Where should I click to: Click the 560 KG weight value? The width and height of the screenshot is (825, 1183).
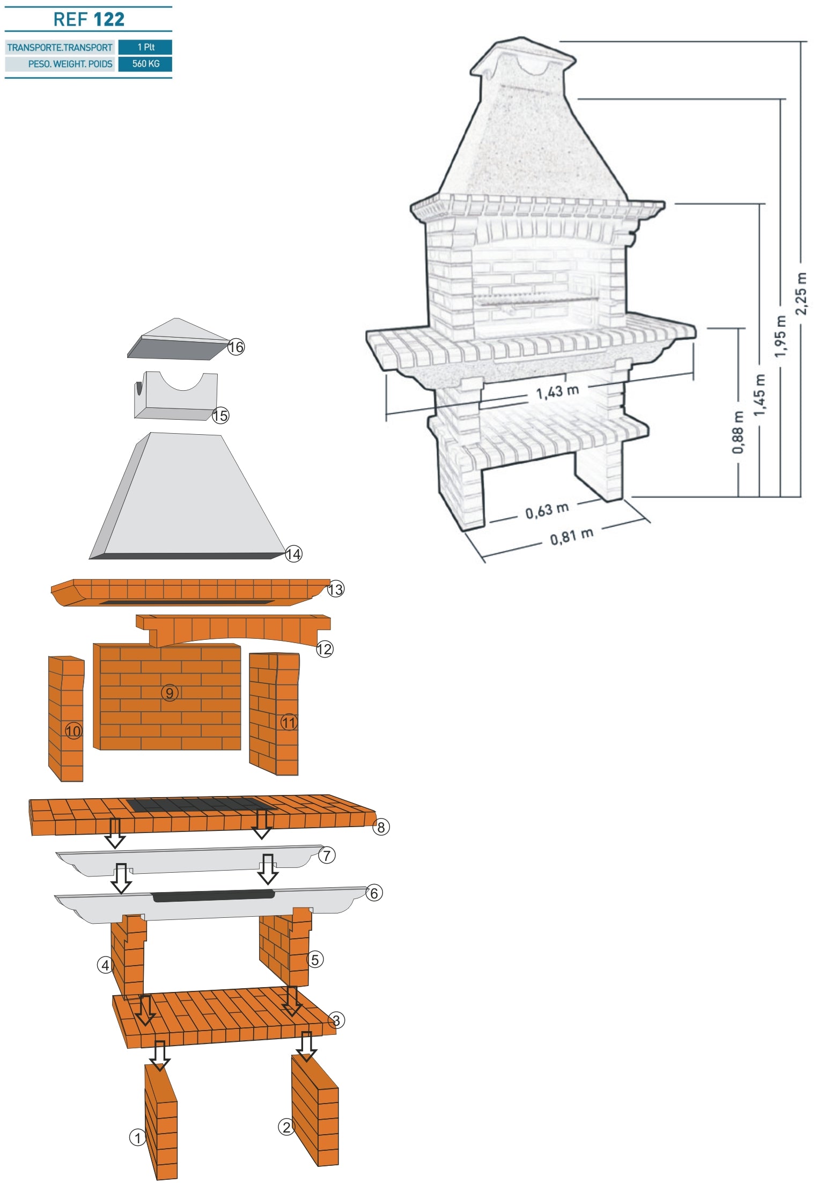[x=145, y=64]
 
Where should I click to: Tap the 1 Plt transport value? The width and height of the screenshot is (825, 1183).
[x=146, y=47]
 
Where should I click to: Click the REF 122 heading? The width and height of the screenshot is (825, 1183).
[x=89, y=19]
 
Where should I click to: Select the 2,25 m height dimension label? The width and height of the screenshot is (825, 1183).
[x=801, y=294]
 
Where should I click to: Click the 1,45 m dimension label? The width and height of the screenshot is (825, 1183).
[x=759, y=395]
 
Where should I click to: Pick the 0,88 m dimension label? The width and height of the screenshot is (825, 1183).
[x=738, y=433]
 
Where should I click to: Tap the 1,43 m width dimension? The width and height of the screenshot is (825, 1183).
[x=557, y=392]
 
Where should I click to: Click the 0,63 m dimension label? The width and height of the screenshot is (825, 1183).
[x=547, y=510]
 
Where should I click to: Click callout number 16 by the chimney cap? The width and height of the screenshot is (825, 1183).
[x=236, y=347]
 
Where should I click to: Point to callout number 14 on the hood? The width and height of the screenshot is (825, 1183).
[x=293, y=554]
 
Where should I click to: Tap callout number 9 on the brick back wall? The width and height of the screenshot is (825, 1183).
[x=170, y=693]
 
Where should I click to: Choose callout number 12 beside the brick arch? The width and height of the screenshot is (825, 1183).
[x=325, y=649]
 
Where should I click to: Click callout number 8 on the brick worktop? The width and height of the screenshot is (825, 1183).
[x=381, y=827]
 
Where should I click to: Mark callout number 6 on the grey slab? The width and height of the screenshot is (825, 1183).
[x=374, y=893]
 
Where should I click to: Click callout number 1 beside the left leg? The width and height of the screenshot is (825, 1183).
[x=137, y=1137]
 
